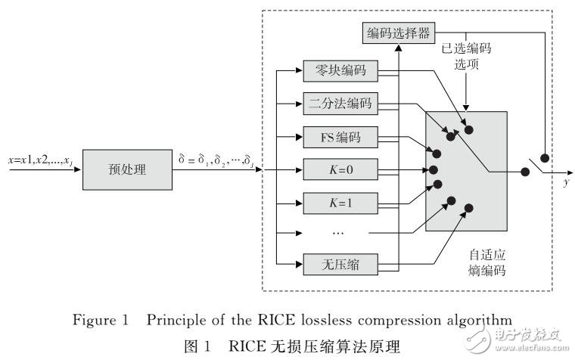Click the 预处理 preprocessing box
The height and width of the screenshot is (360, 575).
pos(127,169)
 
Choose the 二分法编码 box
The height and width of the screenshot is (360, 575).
pos(339,105)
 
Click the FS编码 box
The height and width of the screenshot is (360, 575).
pos(339,138)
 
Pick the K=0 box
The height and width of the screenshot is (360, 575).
pos(339,169)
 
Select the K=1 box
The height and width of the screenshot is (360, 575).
pos(339,202)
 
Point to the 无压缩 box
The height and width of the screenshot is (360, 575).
pos(339,265)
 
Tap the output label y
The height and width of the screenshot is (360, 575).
pos(565,185)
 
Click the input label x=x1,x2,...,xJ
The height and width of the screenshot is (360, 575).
pos(39,161)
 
